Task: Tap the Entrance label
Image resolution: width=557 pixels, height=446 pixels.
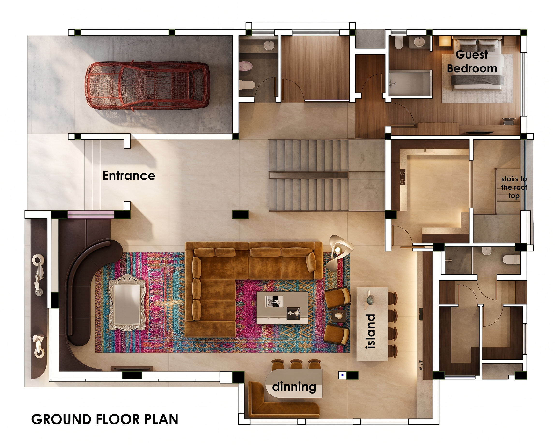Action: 129,176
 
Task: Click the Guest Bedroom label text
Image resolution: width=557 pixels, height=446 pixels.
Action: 472,62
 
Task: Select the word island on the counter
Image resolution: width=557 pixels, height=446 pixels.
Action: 371,331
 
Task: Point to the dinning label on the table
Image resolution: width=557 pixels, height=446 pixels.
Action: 294,387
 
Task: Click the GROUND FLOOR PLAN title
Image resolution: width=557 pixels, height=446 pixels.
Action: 105,419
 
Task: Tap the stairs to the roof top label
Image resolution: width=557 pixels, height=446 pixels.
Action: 514,187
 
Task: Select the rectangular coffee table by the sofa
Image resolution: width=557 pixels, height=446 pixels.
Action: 282,308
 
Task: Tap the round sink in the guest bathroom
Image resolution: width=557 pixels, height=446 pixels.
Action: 419,42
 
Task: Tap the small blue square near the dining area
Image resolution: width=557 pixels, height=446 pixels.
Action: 342,375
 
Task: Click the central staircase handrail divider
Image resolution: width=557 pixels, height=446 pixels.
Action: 308,175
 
